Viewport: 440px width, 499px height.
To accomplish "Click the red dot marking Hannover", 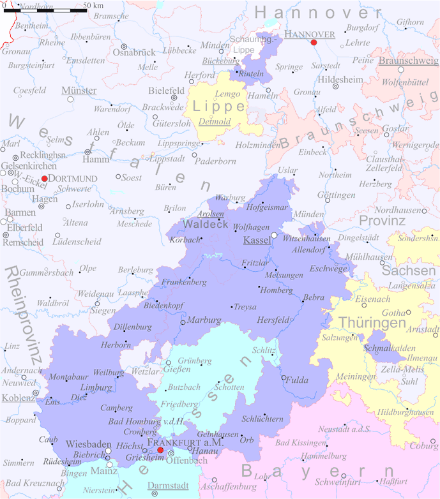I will point(314,43).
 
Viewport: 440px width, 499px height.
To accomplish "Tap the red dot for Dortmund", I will point(44,179).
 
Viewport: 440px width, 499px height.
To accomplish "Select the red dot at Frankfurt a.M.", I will point(160,451).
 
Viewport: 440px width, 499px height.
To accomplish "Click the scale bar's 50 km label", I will point(93,6).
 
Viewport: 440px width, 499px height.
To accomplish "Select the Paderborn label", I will point(215,161).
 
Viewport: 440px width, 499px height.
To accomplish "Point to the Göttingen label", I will point(336,195).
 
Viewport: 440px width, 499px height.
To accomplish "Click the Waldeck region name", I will point(205,224).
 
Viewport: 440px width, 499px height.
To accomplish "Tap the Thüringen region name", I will point(372,323).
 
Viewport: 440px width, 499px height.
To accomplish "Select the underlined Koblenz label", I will point(19,398).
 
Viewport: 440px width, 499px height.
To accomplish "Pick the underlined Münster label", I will point(79,91).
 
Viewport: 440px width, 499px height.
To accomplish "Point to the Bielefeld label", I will point(166,91).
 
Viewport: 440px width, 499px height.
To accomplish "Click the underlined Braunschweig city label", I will point(408,61).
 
